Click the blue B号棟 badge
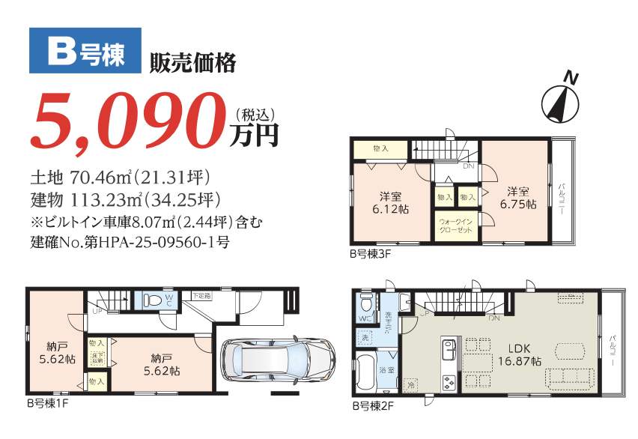(85, 50)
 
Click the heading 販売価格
(193, 63)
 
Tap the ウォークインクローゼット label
(455, 225)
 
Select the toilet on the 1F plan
(152, 300)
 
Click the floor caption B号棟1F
(49, 403)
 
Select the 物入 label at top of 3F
(381, 148)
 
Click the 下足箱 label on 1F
(201, 295)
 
